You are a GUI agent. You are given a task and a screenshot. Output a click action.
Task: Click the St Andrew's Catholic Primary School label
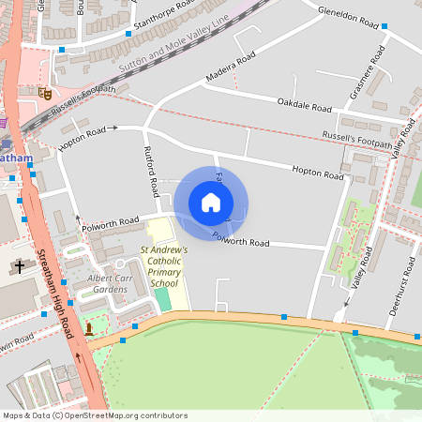point(164,266)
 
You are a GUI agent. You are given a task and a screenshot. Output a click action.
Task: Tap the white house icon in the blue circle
point(211,203)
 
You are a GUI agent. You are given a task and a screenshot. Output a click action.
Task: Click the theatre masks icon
point(44,93)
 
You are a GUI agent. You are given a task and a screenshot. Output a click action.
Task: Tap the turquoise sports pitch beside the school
point(162,299)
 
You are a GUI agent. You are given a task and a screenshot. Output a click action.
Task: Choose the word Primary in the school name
point(163,272)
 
